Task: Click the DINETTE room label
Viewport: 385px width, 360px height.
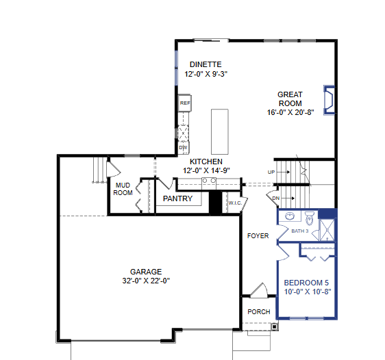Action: point(206,64)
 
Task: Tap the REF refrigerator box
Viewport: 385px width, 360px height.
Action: point(184,103)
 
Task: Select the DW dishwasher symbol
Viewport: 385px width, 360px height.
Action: point(183,147)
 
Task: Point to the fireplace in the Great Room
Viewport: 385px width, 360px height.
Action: point(330,98)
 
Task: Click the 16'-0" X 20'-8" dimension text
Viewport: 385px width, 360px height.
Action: point(290,112)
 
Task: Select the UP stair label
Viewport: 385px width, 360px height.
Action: point(271,172)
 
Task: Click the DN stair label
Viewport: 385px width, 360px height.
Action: point(276,198)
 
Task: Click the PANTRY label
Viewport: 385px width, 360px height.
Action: point(177,199)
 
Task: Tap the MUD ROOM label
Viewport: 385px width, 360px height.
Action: point(123,188)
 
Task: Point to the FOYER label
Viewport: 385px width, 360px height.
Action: point(258,236)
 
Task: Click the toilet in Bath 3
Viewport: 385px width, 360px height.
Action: point(310,219)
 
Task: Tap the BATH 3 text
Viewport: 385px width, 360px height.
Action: point(300,231)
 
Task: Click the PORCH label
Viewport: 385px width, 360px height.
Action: point(258,312)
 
